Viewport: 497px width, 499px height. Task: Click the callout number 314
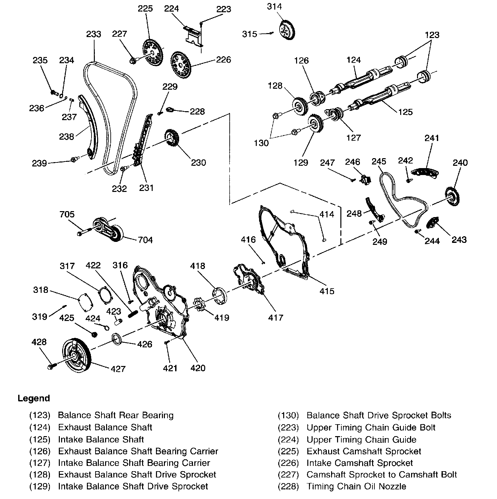pos(274,6)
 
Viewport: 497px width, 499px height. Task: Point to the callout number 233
pos(94,34)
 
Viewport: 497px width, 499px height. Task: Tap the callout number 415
pos(327,291)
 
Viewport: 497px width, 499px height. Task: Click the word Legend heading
pos(34,398)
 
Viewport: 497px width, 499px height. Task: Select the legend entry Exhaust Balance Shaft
pos(105,427)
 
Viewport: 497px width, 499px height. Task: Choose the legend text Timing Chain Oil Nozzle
pos(356,486)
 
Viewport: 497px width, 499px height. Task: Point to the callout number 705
pos(67,214)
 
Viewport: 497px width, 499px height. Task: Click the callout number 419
pos(221,318)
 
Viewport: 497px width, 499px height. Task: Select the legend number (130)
pos(288,415)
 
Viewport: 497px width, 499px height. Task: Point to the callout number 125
pos(405,112)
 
